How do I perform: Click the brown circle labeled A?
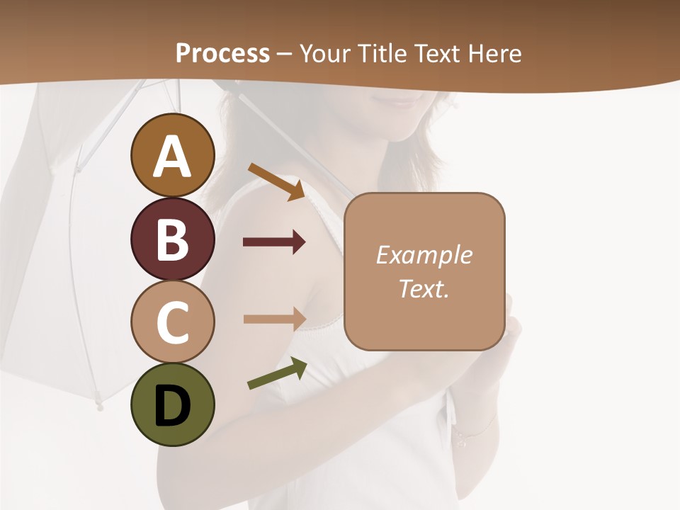point(172,155)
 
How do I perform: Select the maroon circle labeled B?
point(172,239)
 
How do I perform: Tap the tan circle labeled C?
point(172,322)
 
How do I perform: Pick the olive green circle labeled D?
point(172,405)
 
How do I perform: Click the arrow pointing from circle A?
point(276,181)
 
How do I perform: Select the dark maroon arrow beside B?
point(274,243)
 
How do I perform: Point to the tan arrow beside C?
point(274,319)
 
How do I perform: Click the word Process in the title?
point(222,53)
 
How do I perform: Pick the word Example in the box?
point(424,255)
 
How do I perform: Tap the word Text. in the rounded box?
point(424,288)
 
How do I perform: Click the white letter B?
point(172,239)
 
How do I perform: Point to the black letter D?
point(172,406)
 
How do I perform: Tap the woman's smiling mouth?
point(404,98)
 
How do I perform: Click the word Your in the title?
point(325,53)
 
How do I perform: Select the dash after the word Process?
point(284,54)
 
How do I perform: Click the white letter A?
point(172,157)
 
